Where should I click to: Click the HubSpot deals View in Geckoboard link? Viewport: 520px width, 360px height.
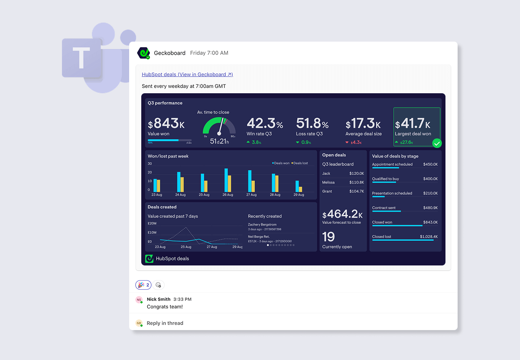point(187,75)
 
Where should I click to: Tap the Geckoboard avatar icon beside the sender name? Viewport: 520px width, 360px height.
point(143,53)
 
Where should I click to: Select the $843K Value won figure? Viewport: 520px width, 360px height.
point(166,124)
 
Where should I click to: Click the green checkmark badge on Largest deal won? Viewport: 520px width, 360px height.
point(437,143)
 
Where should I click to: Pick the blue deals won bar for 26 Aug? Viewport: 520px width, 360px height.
point(226,180)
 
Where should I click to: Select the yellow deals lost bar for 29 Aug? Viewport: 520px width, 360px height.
point(300,190)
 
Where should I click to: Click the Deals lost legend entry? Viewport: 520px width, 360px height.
point(300,163)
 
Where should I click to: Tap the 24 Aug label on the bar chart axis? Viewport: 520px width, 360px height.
point(180,195)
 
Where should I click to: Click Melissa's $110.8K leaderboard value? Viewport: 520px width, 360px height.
point(356,182)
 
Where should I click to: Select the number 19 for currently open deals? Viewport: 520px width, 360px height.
point(328,236)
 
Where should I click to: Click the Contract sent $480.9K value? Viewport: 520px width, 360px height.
point(430,208)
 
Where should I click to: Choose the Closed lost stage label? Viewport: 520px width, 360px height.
point(381,237)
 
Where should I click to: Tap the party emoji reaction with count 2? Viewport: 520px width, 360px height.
point(143,285)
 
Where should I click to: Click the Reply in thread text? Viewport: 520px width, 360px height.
point(165,323)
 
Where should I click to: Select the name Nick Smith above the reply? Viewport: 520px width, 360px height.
point(159,299)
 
